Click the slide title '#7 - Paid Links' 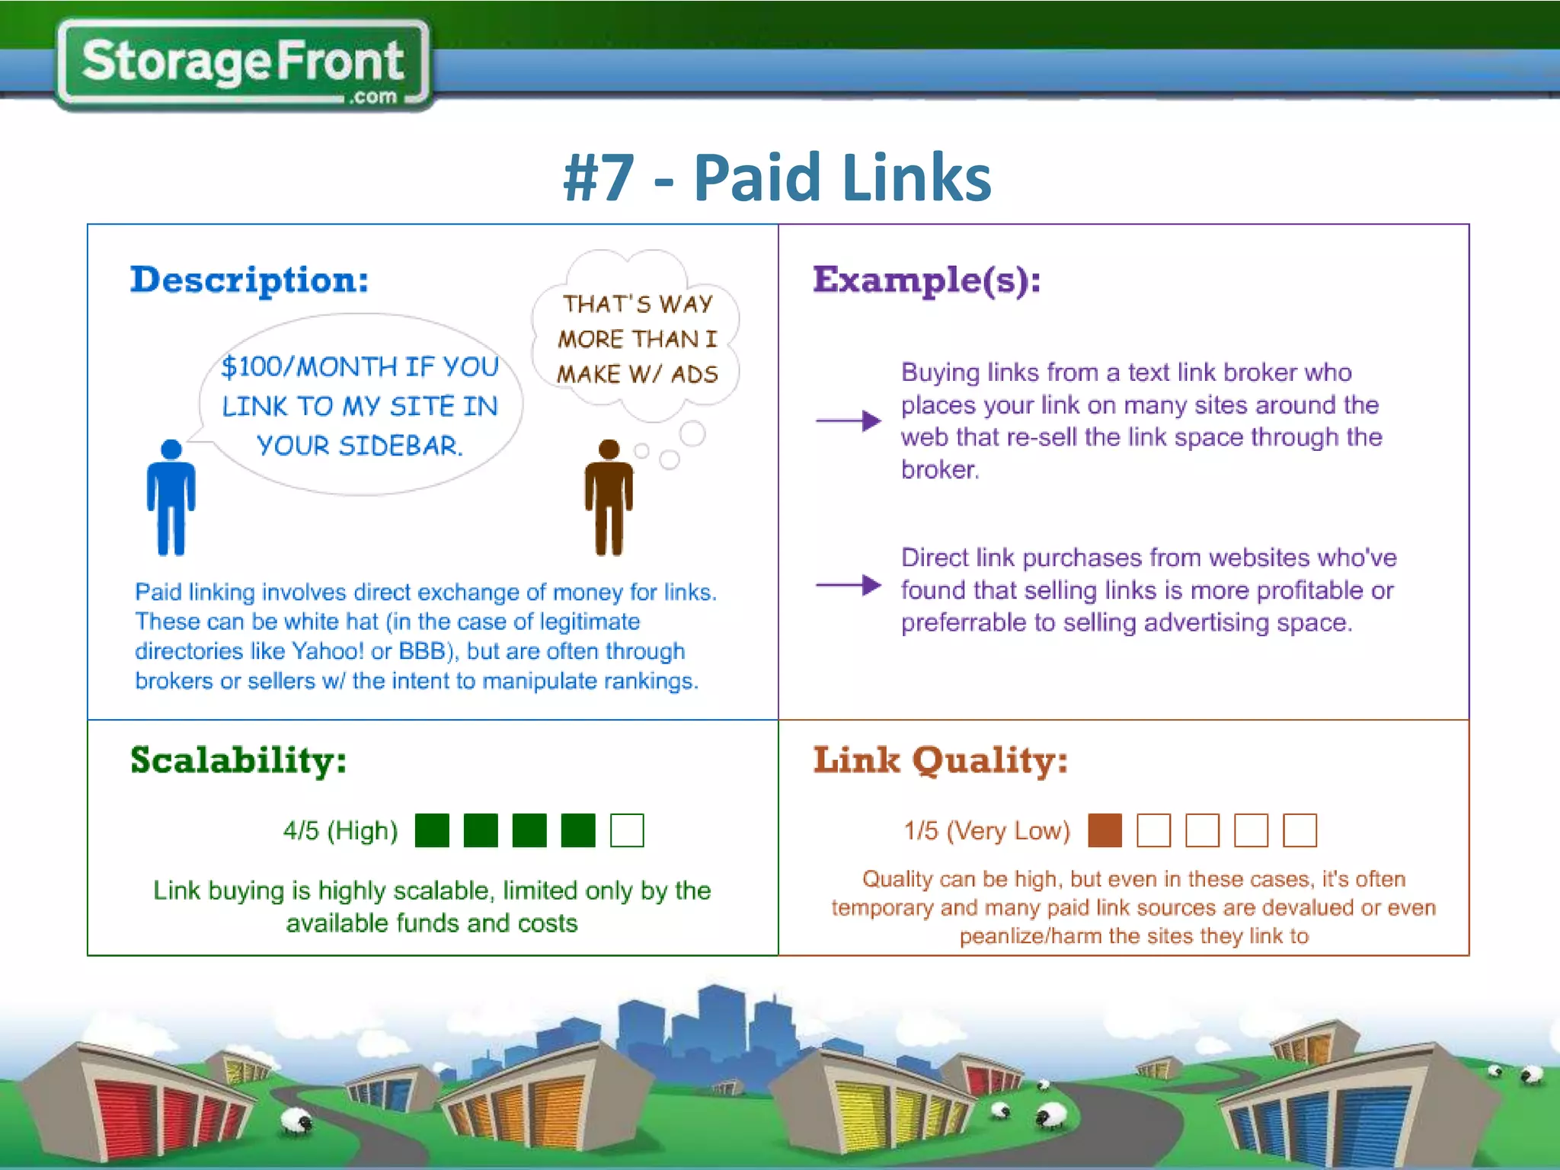[777, 177]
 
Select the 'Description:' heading [249, 280]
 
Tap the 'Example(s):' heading [926, 280]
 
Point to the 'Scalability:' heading [238, 760]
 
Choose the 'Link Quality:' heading [940, 760]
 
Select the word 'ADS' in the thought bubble [694, 374]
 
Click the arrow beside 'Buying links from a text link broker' [848, 420]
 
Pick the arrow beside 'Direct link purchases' [848, 585]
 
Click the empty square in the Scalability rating [627, 830]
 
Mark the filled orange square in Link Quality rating [1105, 830]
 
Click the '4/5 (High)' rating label [340, 830]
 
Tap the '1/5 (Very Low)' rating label [986, 830]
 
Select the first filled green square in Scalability [432, 830]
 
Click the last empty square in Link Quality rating [1299, 830]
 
